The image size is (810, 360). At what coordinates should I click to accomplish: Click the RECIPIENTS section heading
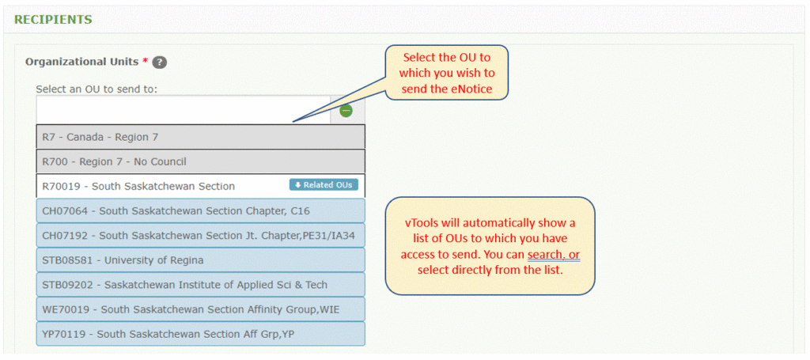(54, 19)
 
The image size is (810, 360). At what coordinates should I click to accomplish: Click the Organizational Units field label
(83, 61)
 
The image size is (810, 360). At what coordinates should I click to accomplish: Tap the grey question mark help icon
(159, 62)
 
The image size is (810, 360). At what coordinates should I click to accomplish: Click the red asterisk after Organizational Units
(146, 61)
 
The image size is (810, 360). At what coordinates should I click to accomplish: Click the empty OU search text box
(183, 109)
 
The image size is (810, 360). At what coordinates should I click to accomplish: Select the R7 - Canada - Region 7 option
(200, 137)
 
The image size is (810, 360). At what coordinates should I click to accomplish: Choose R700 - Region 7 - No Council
(200, 161)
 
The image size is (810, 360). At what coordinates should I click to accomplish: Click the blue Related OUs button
(324, 185)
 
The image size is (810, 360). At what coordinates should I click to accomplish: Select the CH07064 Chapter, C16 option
(200, 210)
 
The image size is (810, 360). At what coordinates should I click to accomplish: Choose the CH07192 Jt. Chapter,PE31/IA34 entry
(200, 235)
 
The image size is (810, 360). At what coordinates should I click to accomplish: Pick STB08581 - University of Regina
(200, 260)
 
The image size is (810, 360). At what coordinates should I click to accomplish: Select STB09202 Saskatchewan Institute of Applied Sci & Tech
(200, 284)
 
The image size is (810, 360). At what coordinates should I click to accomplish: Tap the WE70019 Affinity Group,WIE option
(200, 309)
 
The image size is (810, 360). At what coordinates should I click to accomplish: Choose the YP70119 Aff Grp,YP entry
(200, 333)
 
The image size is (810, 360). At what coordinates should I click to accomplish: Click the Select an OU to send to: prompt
(97, 89)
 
